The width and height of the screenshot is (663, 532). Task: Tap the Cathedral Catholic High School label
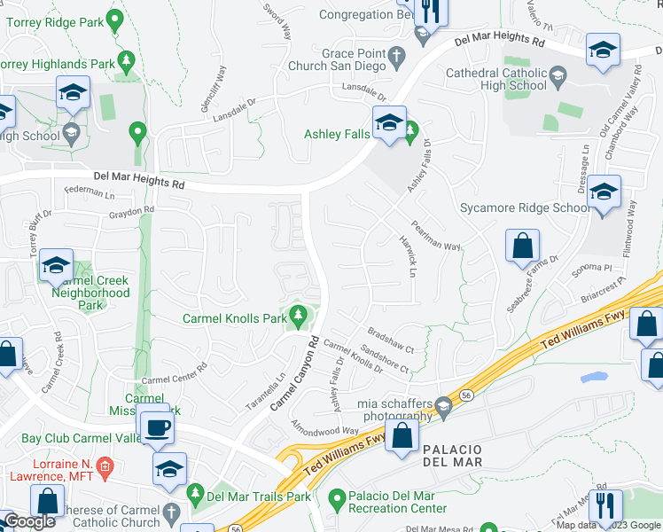[x=496, y=79]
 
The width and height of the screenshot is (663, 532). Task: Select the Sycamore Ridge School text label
[x=524, y=208]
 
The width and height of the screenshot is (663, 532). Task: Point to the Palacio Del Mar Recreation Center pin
[x=336, y=499]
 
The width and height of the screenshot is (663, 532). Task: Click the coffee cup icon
[x=159, y=426]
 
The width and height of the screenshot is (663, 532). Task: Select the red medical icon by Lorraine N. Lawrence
[x=105, y=465]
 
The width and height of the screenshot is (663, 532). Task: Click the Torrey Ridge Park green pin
[x=113, y=18]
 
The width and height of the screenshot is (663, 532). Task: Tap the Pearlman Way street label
[x=434, y=235]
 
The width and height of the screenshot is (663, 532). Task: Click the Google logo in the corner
[x=30, y=521]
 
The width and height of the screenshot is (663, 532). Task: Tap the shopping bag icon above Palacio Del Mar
[x=402, y=435]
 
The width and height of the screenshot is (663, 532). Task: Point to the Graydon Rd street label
[x=131, y=213]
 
